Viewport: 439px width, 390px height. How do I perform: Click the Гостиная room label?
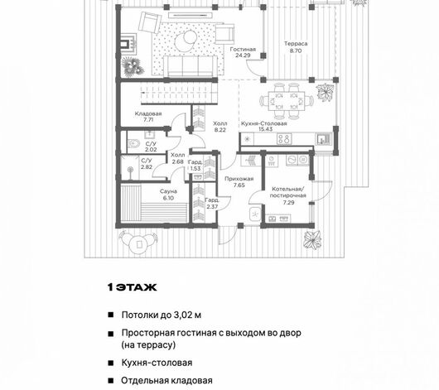[243, 50]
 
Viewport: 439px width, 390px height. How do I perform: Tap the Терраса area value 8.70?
[296, 51]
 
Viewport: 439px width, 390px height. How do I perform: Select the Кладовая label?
[148, 113]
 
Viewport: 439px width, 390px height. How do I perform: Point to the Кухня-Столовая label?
[263, 123]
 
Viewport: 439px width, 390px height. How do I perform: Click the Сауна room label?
[168, 191]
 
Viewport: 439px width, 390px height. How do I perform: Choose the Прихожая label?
[239, 179]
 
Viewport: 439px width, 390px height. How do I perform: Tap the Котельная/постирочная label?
[288, 192]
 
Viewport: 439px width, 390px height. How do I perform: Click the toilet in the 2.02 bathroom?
[134, 144]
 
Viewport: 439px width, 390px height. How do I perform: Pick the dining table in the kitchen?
[287, 101]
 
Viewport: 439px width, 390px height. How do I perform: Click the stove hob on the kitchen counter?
[284, 139]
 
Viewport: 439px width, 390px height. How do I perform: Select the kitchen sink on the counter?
[324, 139]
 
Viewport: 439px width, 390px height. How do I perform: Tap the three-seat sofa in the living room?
[191, 66]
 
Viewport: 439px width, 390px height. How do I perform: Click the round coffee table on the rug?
[186, 39]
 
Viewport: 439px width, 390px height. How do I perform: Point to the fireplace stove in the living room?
[128, 43]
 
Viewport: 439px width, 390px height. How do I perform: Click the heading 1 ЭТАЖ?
[133, 287]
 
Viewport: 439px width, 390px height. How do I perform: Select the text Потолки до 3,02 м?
[162, 315]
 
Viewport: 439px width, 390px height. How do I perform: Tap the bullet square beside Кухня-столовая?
[111, 363]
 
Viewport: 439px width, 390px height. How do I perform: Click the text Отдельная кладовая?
[166, 381]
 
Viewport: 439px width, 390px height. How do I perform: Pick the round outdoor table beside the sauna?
[139, 244]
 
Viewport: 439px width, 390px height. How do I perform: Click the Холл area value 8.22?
[220, 130]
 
